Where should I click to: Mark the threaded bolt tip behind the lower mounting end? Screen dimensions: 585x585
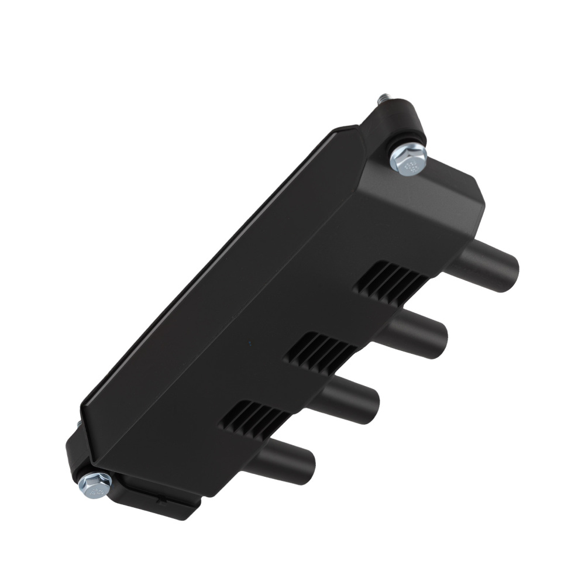point(78,423)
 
